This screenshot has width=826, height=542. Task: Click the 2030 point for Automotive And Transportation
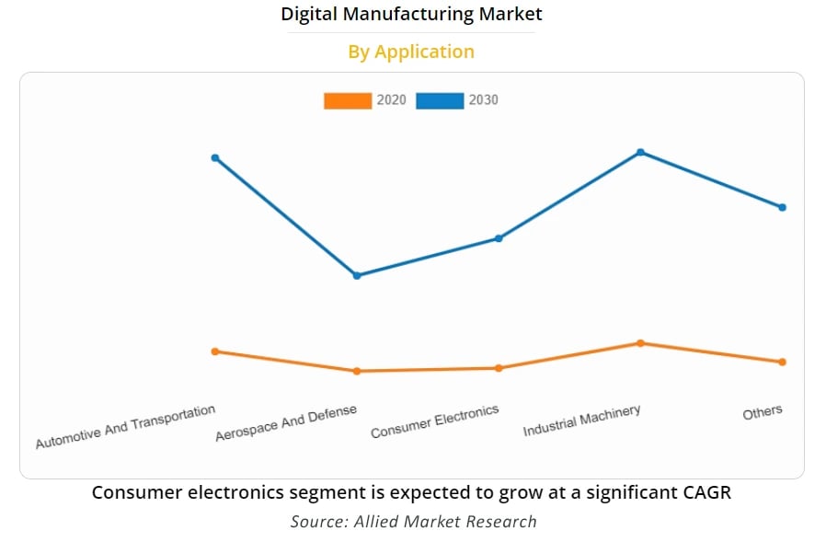(215, 157)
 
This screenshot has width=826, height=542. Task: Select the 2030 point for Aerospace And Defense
(357, 275)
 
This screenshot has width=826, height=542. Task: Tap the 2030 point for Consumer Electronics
(499, 238)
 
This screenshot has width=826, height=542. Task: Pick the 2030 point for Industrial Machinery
(640, 152)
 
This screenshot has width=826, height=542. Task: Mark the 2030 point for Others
(783, 207)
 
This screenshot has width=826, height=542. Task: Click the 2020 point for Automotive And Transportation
(215, 352)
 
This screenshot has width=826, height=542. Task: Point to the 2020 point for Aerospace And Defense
(357, 371)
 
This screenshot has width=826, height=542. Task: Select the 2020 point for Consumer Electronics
(499, 368)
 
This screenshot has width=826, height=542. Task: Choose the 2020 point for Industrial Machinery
(640, 343)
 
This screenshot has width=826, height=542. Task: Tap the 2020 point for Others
(783, 362)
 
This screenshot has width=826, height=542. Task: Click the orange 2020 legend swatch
(347, 100)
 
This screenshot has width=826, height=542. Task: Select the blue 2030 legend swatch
(439, 100)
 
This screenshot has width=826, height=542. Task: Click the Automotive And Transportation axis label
(125, 428)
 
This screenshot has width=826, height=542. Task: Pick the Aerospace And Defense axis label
(286, 423)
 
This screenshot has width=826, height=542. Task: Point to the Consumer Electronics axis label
(434, 421)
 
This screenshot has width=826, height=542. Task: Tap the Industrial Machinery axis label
(581, 421)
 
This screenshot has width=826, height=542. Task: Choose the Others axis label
(763, 412)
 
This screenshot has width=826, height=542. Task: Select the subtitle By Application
(411, 52)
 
